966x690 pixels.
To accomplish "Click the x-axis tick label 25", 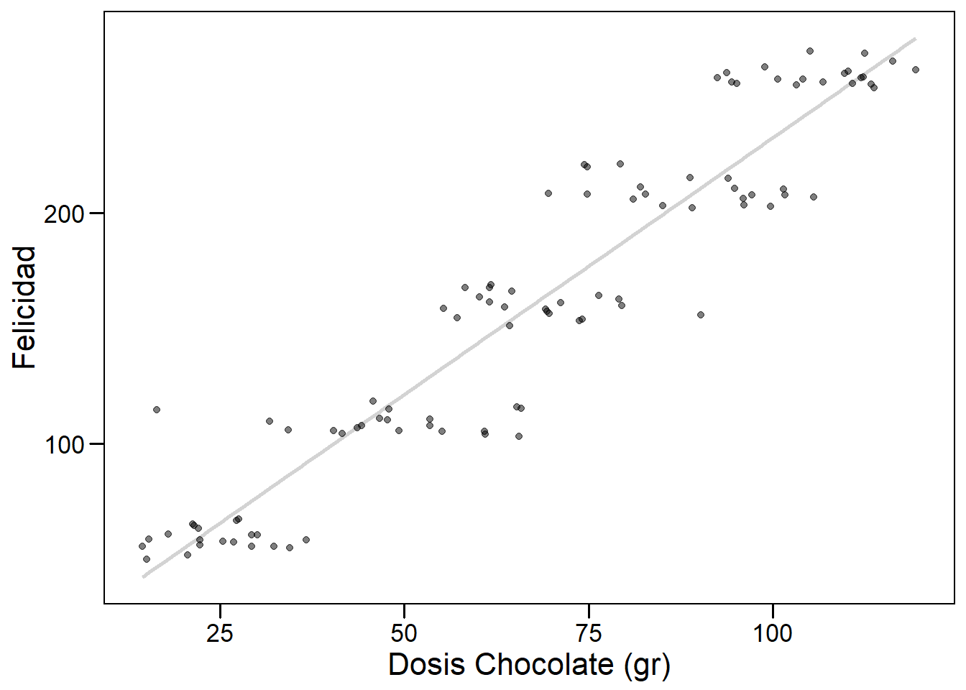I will click(x=220, y=632).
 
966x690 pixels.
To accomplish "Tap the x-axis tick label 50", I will click(x=404, y=632).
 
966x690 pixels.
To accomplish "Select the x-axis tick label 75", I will click(x=589, y=632).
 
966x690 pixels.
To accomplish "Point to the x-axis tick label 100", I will click(x=773, y=632).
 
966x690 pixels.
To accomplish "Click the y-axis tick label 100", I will click(x=65, y=445).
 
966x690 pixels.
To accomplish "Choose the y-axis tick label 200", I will click(x=65, y=214).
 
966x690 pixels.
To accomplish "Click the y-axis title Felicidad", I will click(x=24, y=308).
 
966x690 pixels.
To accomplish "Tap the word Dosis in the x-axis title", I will click(x=427, y=665).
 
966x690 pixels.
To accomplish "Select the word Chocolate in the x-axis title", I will click(x=544, y=665).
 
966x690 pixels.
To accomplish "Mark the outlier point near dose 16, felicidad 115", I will click(x=156, y=410).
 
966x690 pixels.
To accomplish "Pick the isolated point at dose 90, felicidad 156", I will click(x=701, y=315).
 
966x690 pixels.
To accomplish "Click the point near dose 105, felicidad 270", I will click(x=810, y=51).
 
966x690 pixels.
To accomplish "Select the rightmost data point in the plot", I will click(x=916, y=70).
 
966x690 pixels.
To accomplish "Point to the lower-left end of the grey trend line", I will click(x=144, y=576).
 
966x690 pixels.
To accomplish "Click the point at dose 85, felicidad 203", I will click(x=663, y=206).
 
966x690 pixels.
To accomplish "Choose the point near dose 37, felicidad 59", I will click(x=305, y=540).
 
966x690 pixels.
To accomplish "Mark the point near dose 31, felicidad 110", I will click(x=270, y=421).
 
